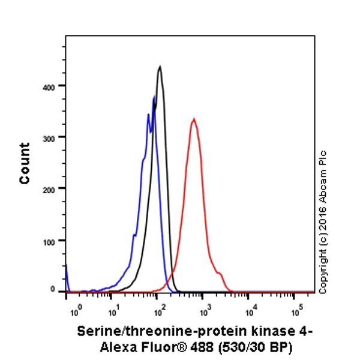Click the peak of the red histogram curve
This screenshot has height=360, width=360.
pos(193,119)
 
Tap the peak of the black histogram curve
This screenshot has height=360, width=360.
pos(160,67)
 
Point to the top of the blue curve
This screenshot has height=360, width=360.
pos(154,96)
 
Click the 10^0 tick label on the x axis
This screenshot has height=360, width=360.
pos(75,311)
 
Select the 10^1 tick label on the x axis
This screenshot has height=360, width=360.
pos(112,311)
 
